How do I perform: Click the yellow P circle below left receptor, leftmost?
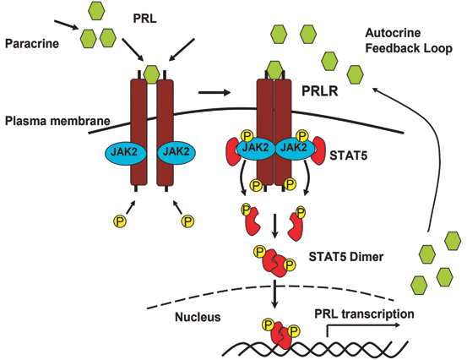click(x=119, y=221)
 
